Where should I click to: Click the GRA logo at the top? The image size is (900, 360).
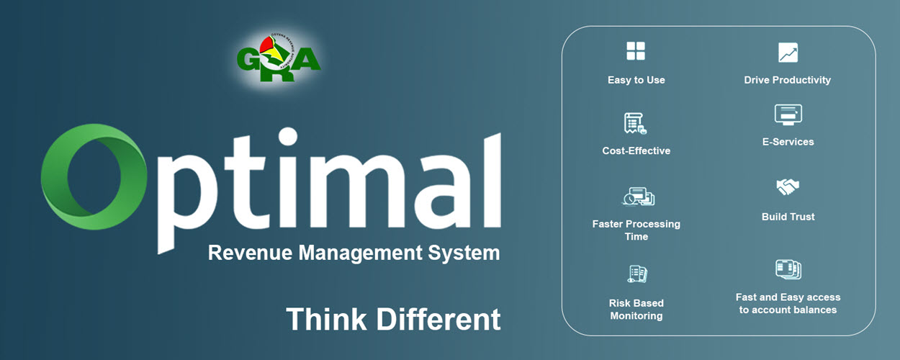pos(279,58)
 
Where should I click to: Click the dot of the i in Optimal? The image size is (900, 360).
pos(288,137)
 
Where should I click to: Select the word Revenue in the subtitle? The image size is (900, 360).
pos(250,253)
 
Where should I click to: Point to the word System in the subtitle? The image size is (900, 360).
pos(464,254)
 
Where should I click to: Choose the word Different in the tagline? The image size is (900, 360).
pos(438,320)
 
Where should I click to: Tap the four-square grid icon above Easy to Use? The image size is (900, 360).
pos(636,51)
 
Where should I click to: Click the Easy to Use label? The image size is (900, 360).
pos(636,80)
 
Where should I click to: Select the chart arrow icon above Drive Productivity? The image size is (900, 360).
pos(788,53)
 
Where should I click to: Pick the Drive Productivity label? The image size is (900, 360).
pos(788,80)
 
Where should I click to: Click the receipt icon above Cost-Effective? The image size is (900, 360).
pos(635,123)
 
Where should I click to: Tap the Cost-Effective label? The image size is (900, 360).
pos(636,150)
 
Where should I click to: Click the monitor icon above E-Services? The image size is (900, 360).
pos(788,114)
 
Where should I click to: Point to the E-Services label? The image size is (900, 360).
pos(788,142)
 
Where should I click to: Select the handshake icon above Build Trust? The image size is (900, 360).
pos(788,186)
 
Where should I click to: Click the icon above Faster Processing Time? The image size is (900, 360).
pos(639,197)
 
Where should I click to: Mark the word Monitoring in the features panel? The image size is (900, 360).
pos(636,316)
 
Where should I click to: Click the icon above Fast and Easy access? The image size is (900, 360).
pos(788,269)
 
